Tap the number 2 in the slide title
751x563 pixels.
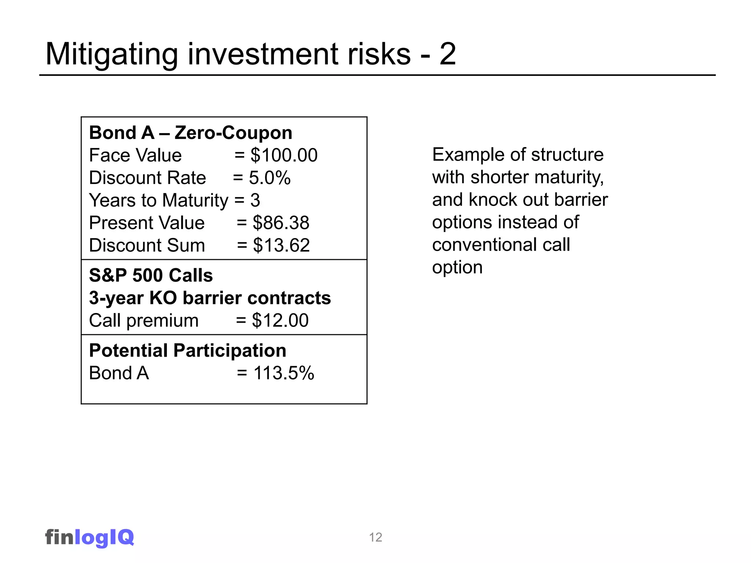click(447, 54)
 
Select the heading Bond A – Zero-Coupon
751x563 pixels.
click(191, 133)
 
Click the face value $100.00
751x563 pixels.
click(284, 155)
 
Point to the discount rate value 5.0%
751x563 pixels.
click(270, 178)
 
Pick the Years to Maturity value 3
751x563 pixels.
click(255, 200)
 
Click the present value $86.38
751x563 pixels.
click(281, 223)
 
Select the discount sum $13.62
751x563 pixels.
click(281, 245)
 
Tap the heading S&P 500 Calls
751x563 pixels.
click(151, 276)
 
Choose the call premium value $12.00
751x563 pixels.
click(280, 320)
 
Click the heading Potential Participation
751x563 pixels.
click(188, 351)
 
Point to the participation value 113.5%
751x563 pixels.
click(284, 373)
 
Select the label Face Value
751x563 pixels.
click(135, 155)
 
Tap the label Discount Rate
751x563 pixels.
click(147, 178)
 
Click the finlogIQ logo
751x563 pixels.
click(90, 537)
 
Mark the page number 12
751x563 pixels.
click(375, 537)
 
